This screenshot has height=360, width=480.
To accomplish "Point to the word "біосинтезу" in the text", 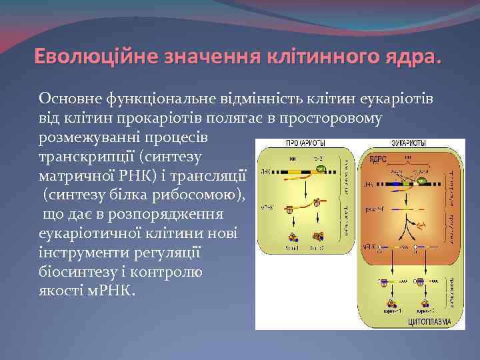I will click(75, 273).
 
